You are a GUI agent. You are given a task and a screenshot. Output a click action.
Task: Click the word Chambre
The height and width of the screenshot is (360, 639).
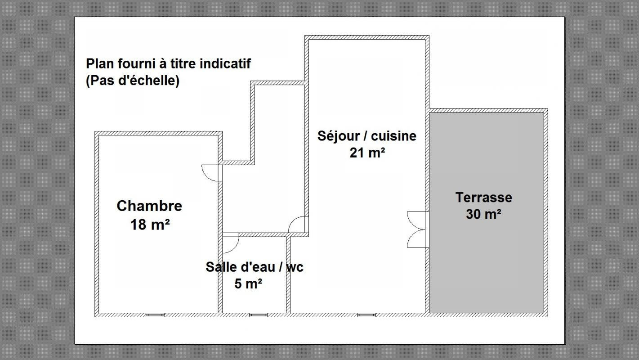149,206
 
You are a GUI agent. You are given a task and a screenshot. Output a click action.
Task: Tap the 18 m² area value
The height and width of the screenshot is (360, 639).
150,225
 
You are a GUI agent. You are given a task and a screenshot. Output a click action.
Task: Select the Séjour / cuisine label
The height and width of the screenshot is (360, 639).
367,136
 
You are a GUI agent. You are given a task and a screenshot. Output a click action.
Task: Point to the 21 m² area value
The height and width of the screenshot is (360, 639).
367,153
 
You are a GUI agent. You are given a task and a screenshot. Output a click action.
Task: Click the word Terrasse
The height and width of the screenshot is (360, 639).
484,198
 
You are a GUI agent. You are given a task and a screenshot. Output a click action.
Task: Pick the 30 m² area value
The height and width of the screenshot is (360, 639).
483,214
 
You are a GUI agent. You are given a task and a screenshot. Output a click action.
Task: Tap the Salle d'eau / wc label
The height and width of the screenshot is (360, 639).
255,267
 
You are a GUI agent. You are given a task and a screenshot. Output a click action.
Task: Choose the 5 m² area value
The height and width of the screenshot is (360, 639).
248,284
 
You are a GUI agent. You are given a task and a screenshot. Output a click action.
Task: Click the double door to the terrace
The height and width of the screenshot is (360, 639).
417,229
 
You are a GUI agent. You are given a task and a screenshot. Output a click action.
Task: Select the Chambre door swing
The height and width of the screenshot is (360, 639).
210,173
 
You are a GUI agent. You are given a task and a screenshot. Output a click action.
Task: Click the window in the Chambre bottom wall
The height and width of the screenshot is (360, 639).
155,315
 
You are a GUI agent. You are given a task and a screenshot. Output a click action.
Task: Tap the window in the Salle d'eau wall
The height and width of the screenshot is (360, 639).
259,315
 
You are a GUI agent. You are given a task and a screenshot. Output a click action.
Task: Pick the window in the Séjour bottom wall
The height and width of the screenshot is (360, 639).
366,315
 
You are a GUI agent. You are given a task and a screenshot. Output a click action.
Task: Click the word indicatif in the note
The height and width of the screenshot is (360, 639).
225,63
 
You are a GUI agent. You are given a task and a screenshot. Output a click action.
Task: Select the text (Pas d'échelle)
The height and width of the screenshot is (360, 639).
133,81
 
